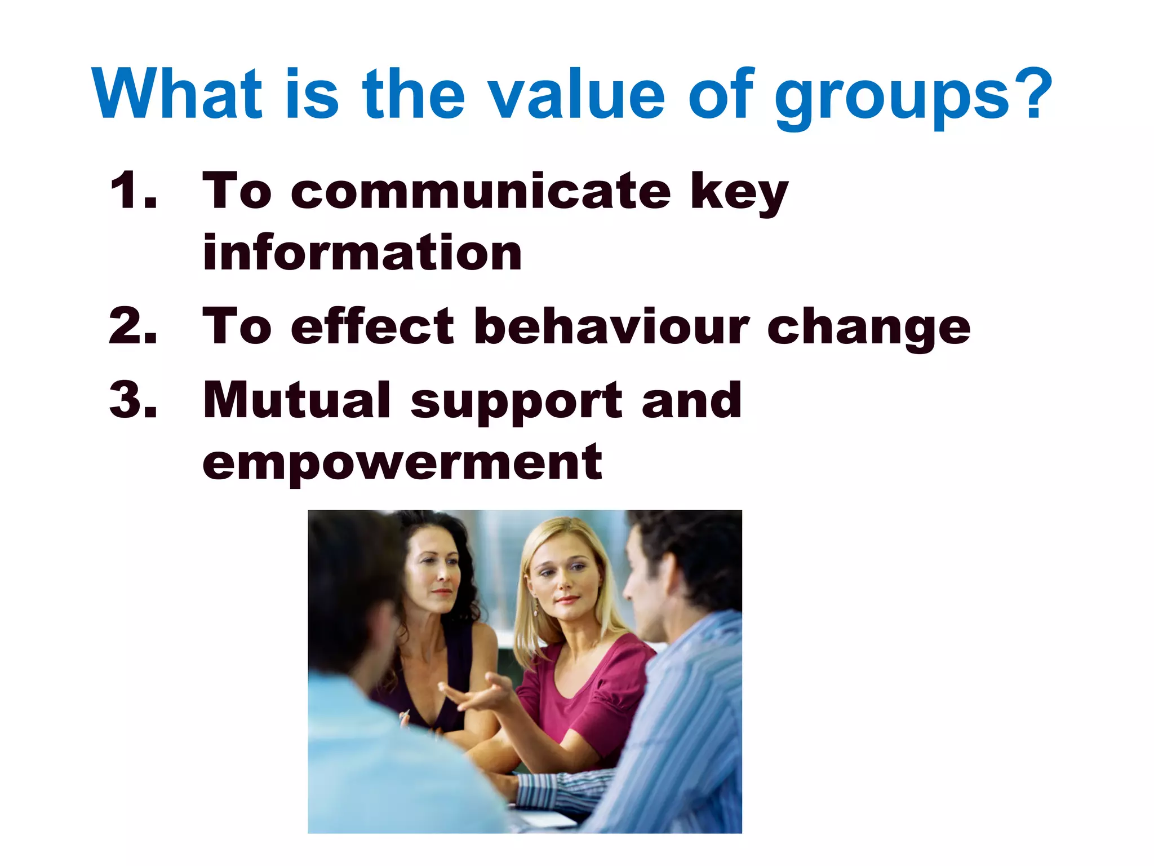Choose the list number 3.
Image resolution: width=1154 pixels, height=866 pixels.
(133, 400)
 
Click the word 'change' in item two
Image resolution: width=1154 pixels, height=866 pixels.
(868, 330)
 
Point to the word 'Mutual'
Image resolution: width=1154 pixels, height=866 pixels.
(296, 400)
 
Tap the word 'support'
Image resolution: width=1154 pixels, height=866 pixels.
(516, 403)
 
